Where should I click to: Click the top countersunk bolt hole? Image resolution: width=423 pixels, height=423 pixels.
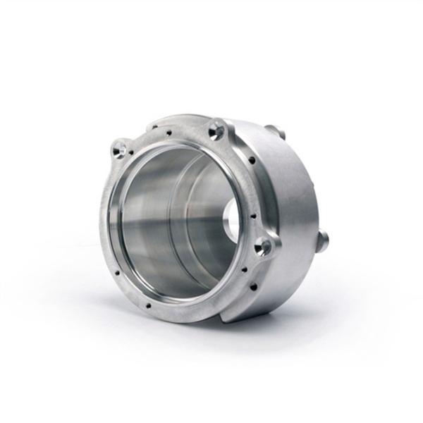click(216, 130)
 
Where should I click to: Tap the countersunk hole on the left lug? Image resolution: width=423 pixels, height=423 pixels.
click(120, 149)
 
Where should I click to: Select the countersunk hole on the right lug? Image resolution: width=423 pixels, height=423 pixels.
click(264, 246)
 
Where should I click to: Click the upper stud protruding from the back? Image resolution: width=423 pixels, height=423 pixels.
click(276, 131)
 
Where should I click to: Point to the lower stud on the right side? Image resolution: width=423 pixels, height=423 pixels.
click(322, 240)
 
